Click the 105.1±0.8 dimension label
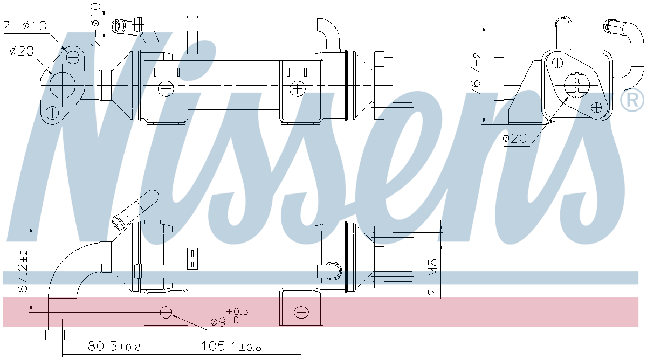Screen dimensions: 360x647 pyautogui.click(x=231, y=346)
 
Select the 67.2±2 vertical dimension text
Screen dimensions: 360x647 pyautogui.click(x=22, y=271)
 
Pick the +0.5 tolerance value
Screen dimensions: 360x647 pyautogui.click(x=237, y=311)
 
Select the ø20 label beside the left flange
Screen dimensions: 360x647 pyautogui.click(x=22, y=51)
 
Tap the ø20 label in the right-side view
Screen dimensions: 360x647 pyautogui.click(x=514, y=139)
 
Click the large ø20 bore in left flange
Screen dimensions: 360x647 pyautogui.click(x=62, y=84)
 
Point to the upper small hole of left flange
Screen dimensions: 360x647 pyautogui.click(x=73, y=56)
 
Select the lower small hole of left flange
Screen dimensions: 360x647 pyautogui.click(x=52, y=113)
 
